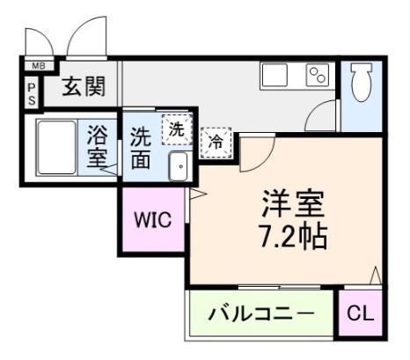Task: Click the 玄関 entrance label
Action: point(84,86)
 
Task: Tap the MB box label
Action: point(38,65)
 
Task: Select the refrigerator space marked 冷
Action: point(215,140)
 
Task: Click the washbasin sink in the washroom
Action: point(179,165)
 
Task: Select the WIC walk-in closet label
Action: point(151,217)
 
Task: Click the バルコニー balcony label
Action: point(261,313)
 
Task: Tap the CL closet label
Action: point(360,313)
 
